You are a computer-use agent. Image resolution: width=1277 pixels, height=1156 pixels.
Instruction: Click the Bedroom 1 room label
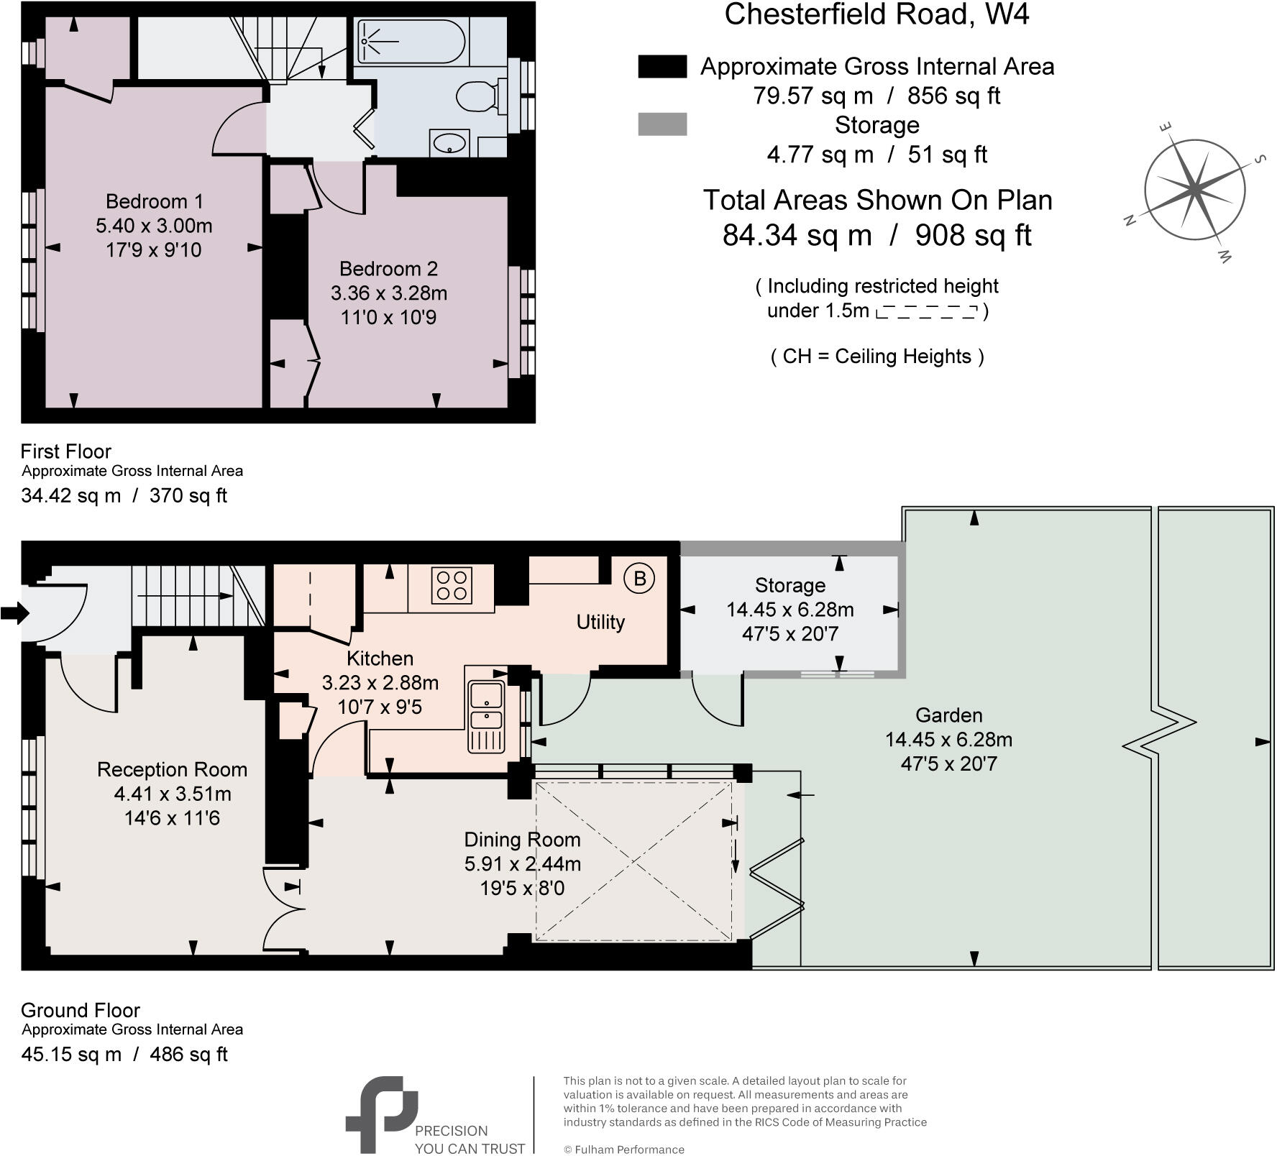154,201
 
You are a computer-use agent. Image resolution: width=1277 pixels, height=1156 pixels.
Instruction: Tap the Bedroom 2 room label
388,269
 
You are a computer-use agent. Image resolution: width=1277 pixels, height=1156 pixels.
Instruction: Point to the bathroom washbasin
450,143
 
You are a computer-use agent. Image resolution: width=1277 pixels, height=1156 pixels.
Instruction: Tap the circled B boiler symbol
639,578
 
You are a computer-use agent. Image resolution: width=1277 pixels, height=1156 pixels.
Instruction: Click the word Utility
600,622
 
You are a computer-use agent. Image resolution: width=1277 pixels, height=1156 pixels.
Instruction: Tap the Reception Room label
172,770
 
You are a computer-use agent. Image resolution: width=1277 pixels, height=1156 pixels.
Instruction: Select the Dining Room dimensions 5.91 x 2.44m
522,864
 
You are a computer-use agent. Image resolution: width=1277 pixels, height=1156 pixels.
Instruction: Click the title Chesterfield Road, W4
876,14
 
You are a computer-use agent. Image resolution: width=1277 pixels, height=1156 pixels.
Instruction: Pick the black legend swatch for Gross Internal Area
662,66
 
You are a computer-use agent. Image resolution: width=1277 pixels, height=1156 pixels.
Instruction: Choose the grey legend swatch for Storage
662,124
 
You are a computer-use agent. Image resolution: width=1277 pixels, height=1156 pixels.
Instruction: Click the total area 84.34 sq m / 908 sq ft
876,235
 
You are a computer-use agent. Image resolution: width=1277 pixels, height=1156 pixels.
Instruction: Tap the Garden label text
948,715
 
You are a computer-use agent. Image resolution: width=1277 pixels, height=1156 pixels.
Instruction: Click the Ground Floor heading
80,1010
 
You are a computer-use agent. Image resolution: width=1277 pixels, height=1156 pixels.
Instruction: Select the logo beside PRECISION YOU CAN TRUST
381,1114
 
